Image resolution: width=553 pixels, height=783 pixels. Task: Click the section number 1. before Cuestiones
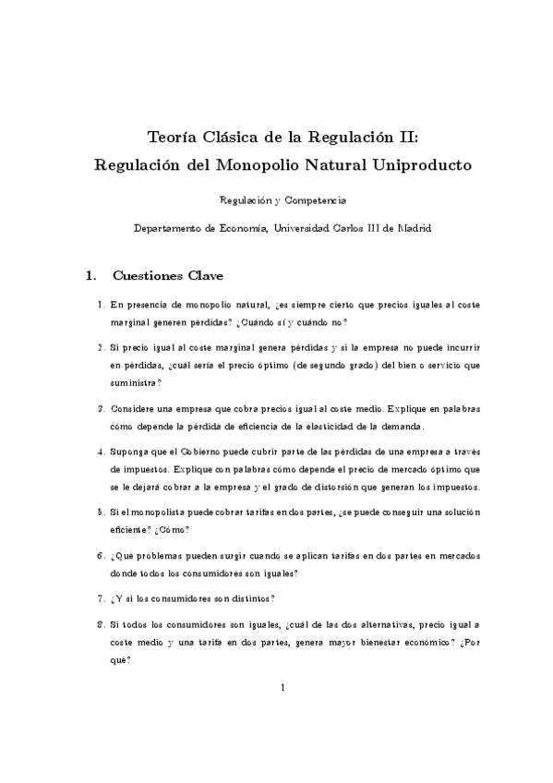point(90,275)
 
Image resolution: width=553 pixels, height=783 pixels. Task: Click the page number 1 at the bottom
point(283,687)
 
